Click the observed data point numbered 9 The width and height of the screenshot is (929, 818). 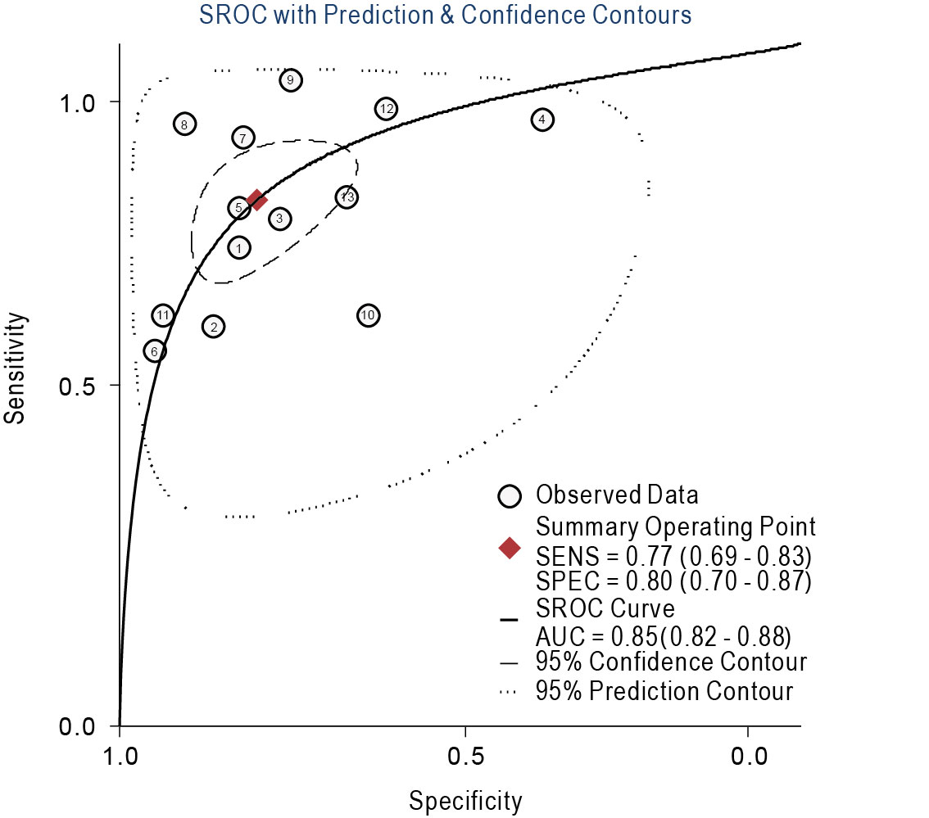coord(290,80)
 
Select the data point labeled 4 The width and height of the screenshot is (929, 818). coord(542,120)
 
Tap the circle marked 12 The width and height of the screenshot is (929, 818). coord(387,109)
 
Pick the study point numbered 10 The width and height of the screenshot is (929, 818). coord(368,315)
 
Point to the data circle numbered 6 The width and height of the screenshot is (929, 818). coord(155,351)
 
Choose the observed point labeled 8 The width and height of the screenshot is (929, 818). coord(185,124)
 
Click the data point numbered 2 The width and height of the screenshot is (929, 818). coord(213,327)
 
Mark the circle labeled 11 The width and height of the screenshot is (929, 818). coord(163,315)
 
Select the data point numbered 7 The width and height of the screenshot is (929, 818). coord(242,138)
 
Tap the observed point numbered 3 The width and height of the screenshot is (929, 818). coord(280,219)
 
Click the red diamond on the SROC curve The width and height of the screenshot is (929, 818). coord(257,200)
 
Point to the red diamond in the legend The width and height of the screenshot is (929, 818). coord(510,548)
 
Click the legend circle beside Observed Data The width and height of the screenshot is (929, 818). coord(510,495)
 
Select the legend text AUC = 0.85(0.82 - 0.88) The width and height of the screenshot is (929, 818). coord(663,636)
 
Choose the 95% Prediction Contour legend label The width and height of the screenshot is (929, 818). coord(664,691)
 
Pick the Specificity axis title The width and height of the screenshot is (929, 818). coord(465,801)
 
